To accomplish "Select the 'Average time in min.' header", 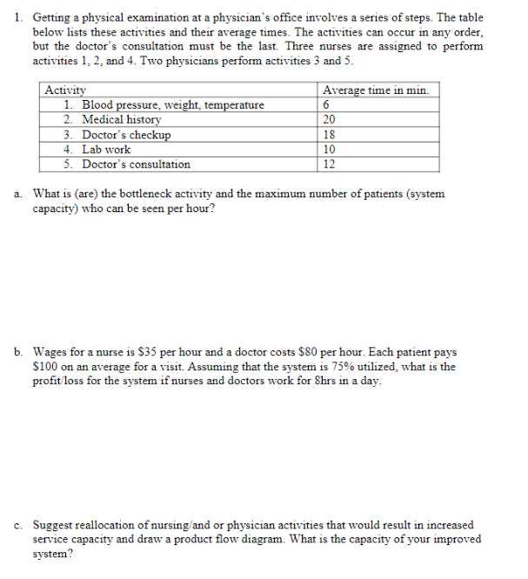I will (x=375, y=90).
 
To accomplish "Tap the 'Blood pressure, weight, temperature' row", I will (x=172, y=105).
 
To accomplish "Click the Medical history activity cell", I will (x=121, y=120).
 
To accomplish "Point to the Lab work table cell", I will (x=106, y=150).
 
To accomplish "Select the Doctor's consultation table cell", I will (x=136, y=164).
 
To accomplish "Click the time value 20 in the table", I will (x=329, y=120).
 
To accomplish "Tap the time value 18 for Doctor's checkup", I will (x=329, y=135).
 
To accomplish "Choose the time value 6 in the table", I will (x=326, y=105).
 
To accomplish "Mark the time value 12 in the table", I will (x=329, y=164).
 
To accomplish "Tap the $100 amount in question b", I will (x=47, y=367).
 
